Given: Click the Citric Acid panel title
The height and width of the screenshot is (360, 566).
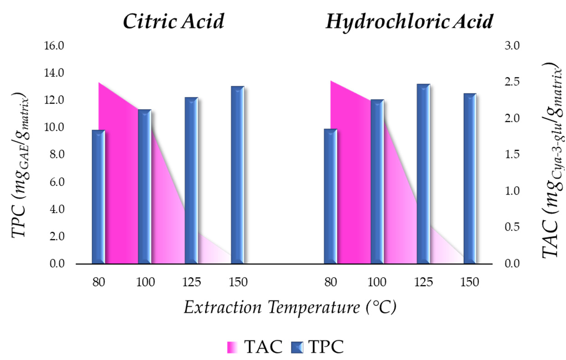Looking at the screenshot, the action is [173, 21].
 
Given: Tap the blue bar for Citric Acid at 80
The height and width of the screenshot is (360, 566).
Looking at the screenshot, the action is [99, 197].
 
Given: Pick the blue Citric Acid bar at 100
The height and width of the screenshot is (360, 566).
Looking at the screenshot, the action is [145, 186].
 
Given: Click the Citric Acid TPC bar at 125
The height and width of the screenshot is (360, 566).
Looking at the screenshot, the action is [191, 180].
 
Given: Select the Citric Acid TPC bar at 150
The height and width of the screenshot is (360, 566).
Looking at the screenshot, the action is [238, 175].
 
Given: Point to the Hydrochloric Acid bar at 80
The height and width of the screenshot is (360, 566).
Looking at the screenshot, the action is [331, 196].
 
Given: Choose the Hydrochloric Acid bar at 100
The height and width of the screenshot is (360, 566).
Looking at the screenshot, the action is [377, 182].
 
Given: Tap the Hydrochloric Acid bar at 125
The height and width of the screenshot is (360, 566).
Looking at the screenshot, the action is [424, 174].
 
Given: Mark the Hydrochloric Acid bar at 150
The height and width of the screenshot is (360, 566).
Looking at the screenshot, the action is [470, 179].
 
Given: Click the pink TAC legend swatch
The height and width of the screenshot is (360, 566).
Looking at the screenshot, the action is [233, 347].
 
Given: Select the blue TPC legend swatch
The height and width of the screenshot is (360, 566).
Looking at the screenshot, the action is [297, 347].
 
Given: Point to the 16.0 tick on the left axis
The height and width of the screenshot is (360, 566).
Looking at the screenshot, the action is [54, 46].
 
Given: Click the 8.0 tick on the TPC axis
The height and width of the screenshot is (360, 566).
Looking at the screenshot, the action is [57, 154].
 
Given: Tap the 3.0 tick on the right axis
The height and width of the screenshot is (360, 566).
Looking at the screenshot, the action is [512, 46].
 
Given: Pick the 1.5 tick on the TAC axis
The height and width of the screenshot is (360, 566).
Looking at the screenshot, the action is [512, 154].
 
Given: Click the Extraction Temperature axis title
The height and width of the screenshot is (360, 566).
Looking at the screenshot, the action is [290, 307].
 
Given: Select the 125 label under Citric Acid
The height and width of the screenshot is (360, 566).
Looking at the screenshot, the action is [192, 282].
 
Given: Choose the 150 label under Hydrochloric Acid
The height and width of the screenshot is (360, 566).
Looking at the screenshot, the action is [470, 282].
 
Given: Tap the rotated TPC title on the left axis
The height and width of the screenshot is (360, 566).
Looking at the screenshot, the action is [21, 165].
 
